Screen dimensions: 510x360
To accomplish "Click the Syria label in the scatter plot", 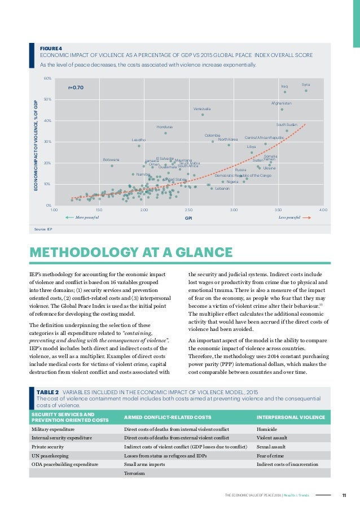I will (306, 84).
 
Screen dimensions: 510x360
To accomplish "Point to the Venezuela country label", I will (202, 108).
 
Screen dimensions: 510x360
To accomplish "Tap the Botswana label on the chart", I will (111, 160).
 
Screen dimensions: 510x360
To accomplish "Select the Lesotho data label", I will (139, 140).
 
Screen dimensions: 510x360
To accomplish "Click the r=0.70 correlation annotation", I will (76, 88).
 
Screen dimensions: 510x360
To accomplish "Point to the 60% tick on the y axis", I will (49, 78).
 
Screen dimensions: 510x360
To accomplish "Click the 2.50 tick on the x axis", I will (188, 210).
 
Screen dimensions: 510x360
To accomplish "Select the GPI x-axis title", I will (188, 217).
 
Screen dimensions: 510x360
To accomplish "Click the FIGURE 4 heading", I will (51, 49).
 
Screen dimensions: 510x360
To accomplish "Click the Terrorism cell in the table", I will (134, 473).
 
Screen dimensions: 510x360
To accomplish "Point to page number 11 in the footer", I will (344, 496).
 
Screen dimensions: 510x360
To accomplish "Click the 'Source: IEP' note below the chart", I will (43, 229).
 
